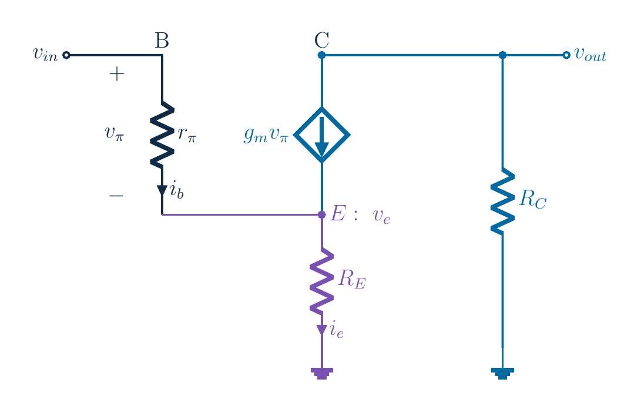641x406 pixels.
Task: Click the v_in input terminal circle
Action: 66,55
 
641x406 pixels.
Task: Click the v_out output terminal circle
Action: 566,55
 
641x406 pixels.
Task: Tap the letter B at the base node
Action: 162,41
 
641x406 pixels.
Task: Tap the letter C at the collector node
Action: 322,41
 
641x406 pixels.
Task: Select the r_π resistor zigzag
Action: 162,135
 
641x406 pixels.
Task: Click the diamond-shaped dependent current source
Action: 322,135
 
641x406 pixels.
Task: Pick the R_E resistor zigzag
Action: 322,281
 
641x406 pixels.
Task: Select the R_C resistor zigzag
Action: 502,201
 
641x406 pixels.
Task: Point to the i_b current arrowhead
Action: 162,190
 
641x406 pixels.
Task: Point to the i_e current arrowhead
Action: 322,330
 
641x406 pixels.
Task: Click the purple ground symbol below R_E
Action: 322,373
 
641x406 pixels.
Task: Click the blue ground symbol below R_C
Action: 502,373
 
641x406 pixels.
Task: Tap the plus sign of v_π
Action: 116,74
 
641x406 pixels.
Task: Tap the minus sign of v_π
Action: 116,196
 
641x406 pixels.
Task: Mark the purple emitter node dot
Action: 322,214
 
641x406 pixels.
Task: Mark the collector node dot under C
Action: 322,55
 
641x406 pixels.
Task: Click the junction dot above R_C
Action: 502,55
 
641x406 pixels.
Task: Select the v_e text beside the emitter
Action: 382,216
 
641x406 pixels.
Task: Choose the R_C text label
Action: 533,200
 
